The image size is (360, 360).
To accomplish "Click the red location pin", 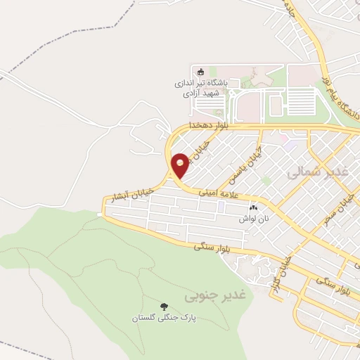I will coord(180,164).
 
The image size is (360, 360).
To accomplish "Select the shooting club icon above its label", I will coord(200,71).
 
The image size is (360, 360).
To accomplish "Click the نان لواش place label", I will coord(257,219).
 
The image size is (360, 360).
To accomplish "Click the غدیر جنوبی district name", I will coord(207,297).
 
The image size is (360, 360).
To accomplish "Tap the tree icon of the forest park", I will coord(164,307).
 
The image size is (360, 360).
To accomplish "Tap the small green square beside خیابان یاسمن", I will coord(266,181).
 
